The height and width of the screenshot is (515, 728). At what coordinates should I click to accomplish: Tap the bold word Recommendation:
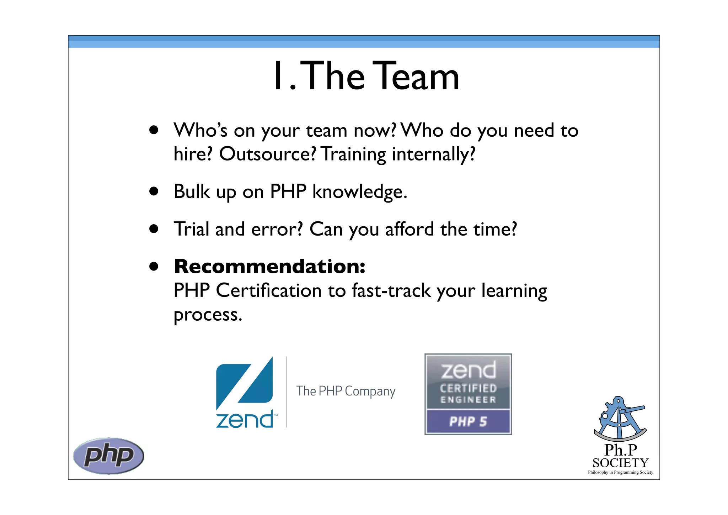[x=269, y=267]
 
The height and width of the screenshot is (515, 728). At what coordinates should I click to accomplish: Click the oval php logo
[x=108, y=456]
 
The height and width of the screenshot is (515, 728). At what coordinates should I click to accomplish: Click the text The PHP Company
[x=346, y=391]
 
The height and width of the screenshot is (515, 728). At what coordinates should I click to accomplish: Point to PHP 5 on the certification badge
[x=468, y=422]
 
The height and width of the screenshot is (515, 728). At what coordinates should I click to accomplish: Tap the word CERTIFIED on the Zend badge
[x=468, y=388]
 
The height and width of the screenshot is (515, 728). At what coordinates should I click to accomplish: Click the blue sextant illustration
[x=620, y=419]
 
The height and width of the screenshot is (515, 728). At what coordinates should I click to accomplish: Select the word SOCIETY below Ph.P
[x=620, y=463]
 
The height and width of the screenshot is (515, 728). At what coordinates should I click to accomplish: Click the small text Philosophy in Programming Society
[x=620, y=472]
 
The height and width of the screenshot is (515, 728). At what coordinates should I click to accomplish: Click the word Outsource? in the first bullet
[x=267, y=154]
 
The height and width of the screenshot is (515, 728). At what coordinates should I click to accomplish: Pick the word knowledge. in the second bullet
[x=359, y=192]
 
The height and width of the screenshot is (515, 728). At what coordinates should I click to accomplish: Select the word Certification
[x=268, y=290]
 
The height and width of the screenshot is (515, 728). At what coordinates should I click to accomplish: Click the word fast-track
[x=391, y=290]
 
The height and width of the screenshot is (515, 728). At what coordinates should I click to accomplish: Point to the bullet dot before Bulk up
[x=154, y=191]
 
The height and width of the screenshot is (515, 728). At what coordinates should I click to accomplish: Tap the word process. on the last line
[x=208, y=315]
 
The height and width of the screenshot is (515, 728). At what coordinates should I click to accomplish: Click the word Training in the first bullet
[x=353, y=154]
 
